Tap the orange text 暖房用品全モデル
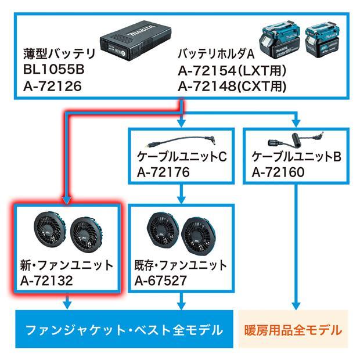pyautogui.click(x=293, y=331)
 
